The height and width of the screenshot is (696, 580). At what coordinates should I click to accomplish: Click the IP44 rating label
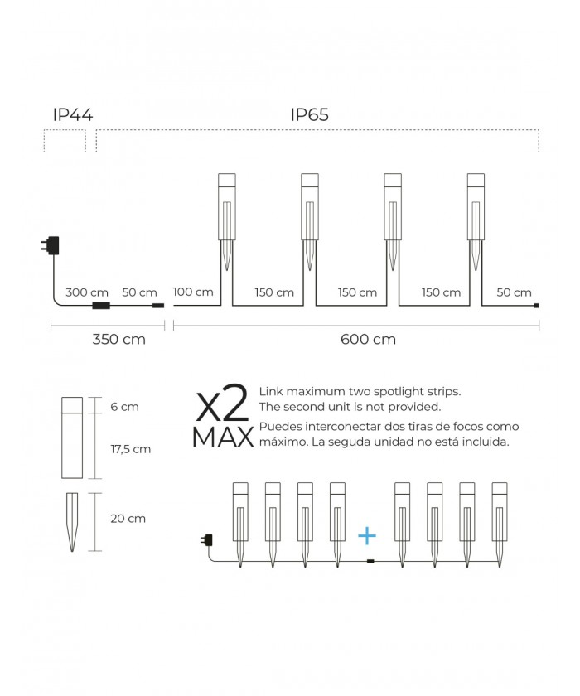pos(73,114)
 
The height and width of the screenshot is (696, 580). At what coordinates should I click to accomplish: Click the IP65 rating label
pos(309,114)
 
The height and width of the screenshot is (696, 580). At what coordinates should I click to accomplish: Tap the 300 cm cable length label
pos(87,292)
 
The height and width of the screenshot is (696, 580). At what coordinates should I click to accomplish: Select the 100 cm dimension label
pos(193,292)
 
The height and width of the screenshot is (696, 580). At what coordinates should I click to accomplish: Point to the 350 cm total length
pos(119,339)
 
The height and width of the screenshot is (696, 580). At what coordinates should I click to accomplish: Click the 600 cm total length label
pos(369,339)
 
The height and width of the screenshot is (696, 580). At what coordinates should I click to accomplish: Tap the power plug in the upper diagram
pos(51,245)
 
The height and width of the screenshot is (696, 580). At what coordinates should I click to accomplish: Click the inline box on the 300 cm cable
pos(101,306)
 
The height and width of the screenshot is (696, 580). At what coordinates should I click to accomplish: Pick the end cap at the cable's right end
pos(537,306)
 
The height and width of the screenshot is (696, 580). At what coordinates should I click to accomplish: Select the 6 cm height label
pos(124,407)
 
